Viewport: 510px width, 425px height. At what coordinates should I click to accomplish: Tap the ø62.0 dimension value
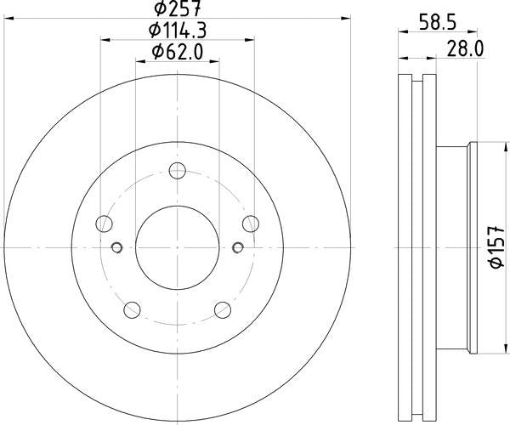[x=178, y=52]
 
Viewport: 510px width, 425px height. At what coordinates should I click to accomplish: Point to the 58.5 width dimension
[x=435, y=22]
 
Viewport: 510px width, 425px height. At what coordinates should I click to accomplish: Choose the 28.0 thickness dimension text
[x=465, y=48]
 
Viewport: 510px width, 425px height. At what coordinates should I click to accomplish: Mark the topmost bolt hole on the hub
[x=177, y=170]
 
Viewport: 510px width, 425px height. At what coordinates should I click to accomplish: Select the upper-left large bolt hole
[x=105, y=224]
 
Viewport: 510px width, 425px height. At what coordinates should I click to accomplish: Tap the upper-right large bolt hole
[x=250, y=223]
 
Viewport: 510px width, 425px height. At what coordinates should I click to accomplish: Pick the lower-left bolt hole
[x=133, y=309]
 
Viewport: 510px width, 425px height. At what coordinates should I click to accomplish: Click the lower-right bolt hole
[x=222, y=309]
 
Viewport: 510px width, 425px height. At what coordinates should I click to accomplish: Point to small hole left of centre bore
[x=117, y=247]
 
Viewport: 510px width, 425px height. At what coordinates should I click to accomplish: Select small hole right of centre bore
[x=237, y=247]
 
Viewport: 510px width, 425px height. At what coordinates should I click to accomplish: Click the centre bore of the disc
[x=177, y=247]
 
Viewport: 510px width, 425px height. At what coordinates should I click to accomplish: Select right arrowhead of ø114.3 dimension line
[x=252, y=38]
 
